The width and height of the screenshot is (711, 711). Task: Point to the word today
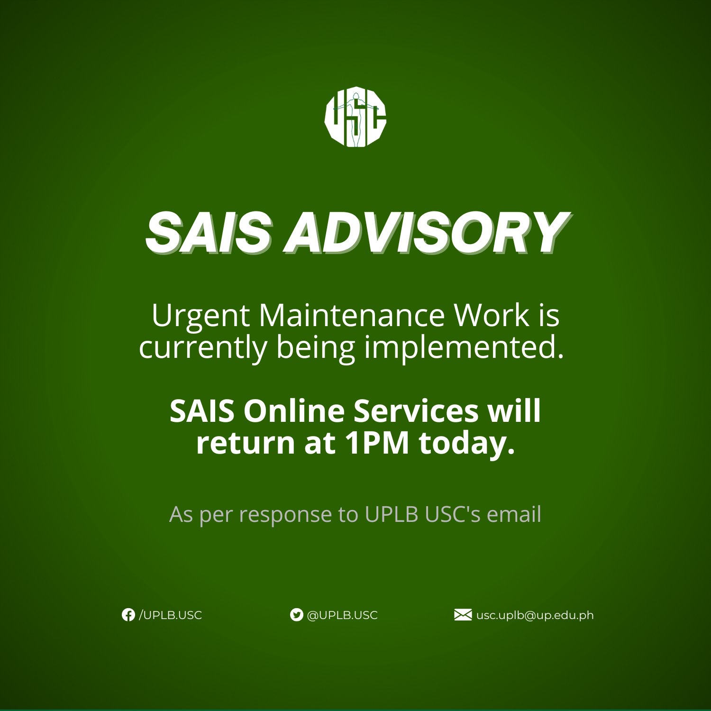coord(466,444)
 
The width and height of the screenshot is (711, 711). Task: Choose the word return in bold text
coord(246,443)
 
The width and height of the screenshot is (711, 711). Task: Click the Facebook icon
coord(128,615)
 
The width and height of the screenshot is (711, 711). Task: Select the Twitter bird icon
coord(296,615)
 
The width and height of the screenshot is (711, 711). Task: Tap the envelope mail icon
coord(463,615)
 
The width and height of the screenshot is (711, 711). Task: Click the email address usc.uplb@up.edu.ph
coord(535,616)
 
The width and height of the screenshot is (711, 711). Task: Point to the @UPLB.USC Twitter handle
coord(342,615)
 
